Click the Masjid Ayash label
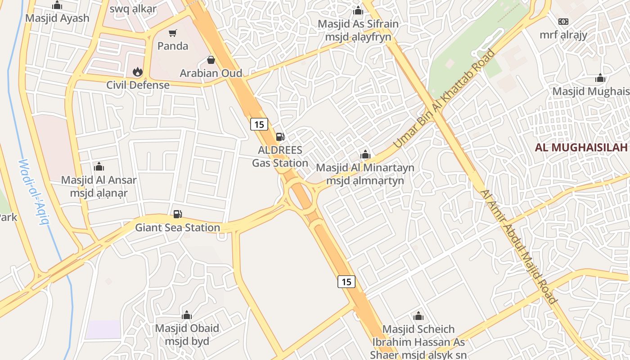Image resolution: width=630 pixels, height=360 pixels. (57, 18)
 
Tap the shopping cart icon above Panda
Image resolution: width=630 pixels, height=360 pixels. (173, 33)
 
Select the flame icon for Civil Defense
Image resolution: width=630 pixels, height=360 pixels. (137, 72)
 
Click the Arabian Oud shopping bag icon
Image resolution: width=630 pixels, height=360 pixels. (211, 60)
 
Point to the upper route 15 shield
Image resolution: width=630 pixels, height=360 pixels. (259, 124)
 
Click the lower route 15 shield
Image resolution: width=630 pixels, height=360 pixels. (346, 282)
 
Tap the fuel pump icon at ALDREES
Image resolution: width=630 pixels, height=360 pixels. (280, 137)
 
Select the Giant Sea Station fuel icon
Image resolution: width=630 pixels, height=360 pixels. (178, 214)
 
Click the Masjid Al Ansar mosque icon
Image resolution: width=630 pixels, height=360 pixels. (99, 167)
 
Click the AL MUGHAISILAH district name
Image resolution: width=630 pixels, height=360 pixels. (581, 148)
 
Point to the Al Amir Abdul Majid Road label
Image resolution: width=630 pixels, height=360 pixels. (519, 246)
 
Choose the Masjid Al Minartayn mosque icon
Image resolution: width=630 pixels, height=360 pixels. (365, 155)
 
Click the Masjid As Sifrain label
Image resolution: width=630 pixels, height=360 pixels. (358, 24)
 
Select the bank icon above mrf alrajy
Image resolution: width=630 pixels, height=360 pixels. (563, 22)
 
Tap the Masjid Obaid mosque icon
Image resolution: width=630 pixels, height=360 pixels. (187, 315)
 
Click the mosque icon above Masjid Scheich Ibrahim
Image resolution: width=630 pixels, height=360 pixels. (418, 316)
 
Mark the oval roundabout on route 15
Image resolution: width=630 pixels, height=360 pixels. (300, 197)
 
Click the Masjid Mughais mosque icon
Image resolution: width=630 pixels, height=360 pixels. (600, 78)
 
